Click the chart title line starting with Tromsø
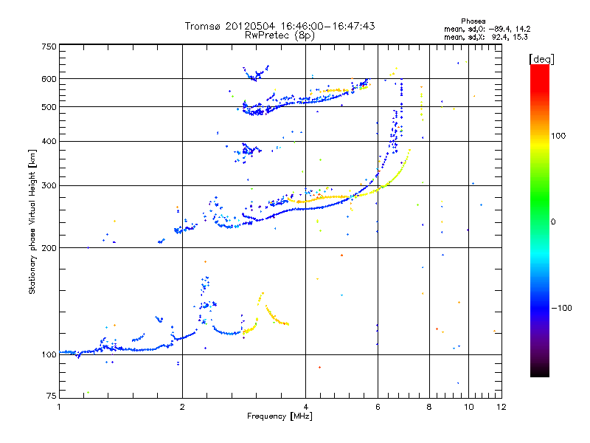[x=280, y=26]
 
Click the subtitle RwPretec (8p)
[x=280, y=35]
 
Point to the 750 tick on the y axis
[x=48, y=47]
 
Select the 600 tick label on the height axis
[x=48, y=79]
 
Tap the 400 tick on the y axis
[x=48, y=142]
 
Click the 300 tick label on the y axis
[x=48, y=185]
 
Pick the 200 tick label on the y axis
[x=48, y=248]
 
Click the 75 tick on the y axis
[x=50, y=398]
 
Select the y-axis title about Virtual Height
[x=32, y=221]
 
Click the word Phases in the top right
[x=473, y=21]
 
